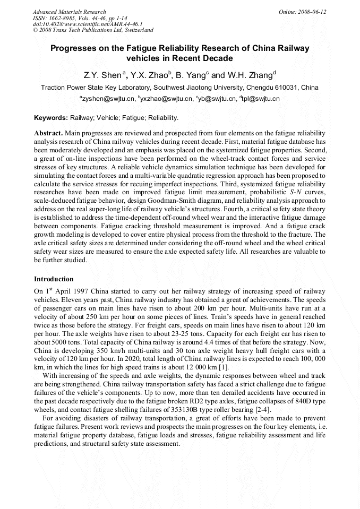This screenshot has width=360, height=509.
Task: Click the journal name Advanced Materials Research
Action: pyautogui.click(x=70, y=12)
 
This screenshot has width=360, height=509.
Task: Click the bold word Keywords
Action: pyautogui.click(x=50, y=118)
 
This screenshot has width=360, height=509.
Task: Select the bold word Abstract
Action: pyautogui.click(x=49, y=133)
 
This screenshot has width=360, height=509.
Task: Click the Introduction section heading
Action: pyautogui.click(x=54, y=279)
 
